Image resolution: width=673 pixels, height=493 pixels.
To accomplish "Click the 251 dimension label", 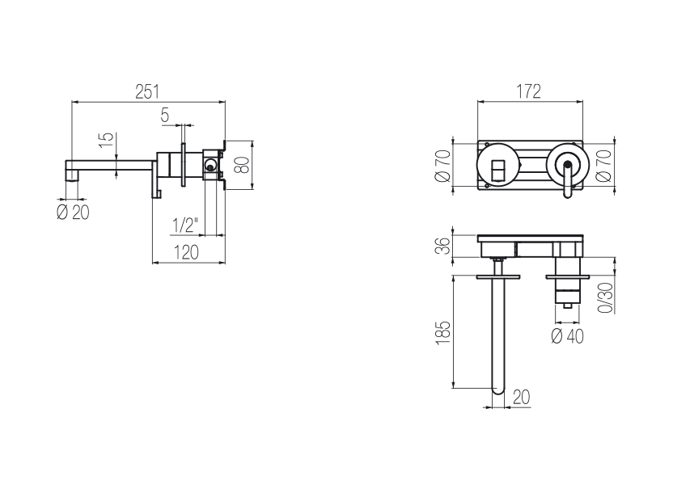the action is click(x=147, y=92).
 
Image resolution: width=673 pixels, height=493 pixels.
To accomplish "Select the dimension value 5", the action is click(x=165, y=115).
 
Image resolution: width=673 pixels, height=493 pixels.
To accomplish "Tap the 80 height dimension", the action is click(x=242, y=165).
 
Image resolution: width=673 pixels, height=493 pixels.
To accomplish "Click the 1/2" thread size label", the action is click(x=185, y=225).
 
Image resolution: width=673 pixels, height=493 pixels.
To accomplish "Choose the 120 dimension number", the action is click(x=186, y=252).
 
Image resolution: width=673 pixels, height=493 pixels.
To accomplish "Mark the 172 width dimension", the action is click(x=528, y=91).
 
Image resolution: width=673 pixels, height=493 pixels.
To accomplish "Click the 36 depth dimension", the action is click(x=443, y=246).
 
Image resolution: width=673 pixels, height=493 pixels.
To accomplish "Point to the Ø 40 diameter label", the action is click(x=567, y=335).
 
